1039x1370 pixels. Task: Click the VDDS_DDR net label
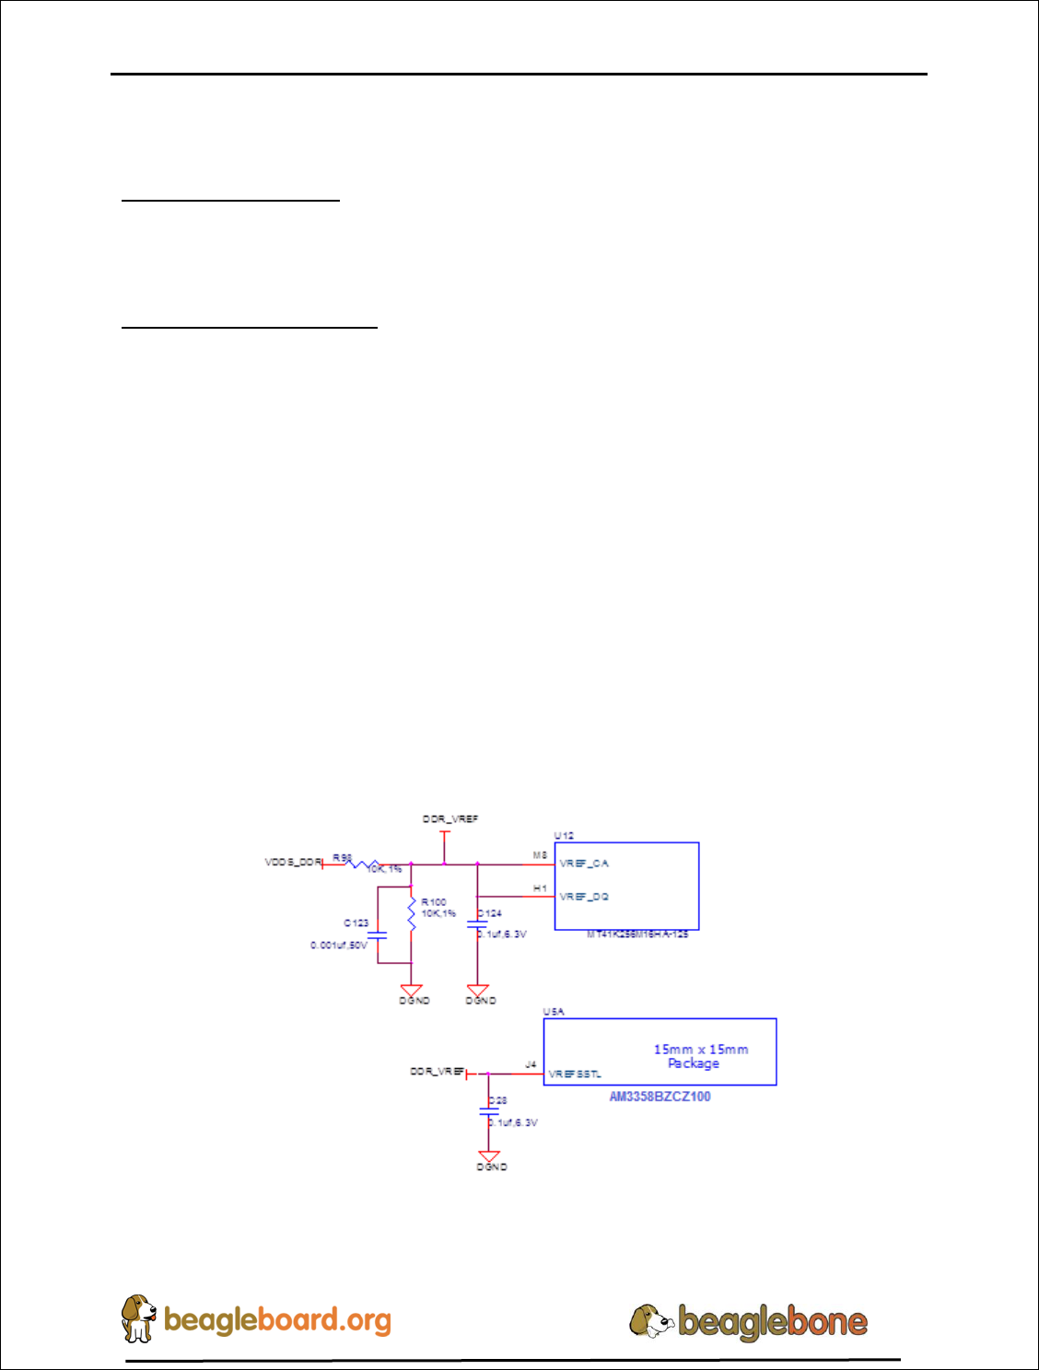293,863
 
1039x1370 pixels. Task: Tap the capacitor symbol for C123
378,935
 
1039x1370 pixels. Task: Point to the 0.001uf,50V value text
338,946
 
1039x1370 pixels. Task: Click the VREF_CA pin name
584,864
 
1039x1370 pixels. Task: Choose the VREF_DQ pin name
584,897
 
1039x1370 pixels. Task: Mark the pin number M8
540,855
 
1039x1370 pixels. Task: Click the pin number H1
540,888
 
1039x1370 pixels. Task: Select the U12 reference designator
564,836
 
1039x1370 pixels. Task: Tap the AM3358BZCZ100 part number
660,1097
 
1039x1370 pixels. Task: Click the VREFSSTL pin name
575,1074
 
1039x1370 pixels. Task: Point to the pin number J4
531,1065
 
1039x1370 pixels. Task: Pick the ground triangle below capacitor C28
489,1155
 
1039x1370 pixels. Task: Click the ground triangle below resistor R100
412,990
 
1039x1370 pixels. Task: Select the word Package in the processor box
694,1063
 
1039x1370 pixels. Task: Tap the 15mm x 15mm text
701,1050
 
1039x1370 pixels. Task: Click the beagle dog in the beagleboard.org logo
138,1318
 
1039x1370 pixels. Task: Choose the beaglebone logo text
772,1322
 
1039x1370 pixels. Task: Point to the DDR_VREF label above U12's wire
450,819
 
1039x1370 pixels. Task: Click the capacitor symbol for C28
489,1111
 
